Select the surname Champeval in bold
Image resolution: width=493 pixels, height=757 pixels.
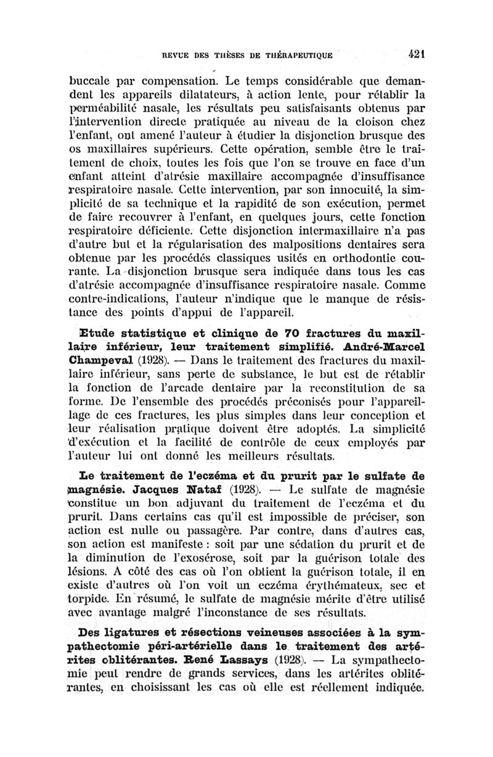(x=110, y=360)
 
